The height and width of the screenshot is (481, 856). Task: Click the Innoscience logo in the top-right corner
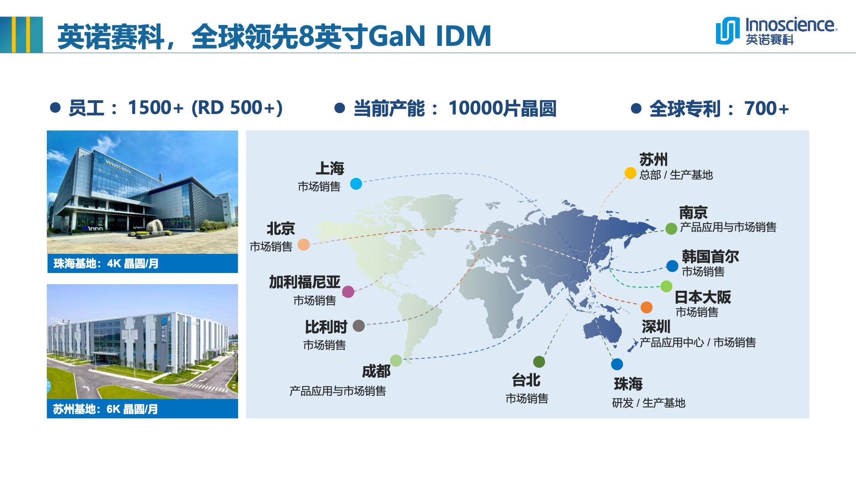776,31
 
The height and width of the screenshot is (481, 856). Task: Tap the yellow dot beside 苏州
630,173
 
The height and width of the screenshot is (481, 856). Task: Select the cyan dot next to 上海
356,183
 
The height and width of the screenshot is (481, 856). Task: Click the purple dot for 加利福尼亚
348,292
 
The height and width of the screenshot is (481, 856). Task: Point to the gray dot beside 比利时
358,326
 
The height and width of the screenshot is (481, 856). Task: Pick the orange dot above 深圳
646,307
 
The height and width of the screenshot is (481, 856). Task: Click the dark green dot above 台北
539,362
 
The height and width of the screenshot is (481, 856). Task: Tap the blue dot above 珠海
617,364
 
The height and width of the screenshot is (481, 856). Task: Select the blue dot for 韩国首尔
672,266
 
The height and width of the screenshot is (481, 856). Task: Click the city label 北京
281,228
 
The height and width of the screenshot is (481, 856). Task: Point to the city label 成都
376,371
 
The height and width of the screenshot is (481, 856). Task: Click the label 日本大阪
703,297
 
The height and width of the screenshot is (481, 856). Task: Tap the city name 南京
693,212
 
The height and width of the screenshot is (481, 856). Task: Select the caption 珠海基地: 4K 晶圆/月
106,264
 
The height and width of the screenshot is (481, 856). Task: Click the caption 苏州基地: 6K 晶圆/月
106,409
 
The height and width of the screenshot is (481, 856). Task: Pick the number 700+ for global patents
766,108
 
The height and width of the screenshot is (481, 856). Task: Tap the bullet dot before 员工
55,108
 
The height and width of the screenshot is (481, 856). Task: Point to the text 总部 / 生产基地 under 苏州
676,175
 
